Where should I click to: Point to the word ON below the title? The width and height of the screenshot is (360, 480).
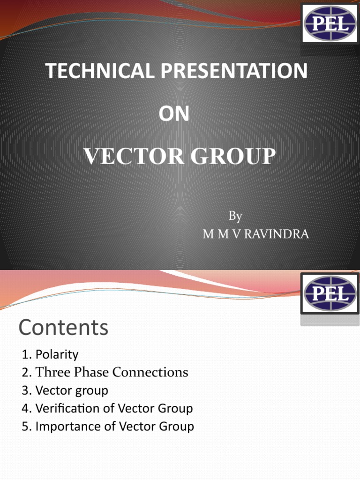point(174,113)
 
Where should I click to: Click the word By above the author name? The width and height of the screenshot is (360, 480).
point(235,216)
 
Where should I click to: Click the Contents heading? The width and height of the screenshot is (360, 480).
point(63,328)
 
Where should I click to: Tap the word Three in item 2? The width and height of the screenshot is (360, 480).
point(52,372)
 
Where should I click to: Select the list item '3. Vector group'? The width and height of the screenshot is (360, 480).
point(65,390)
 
